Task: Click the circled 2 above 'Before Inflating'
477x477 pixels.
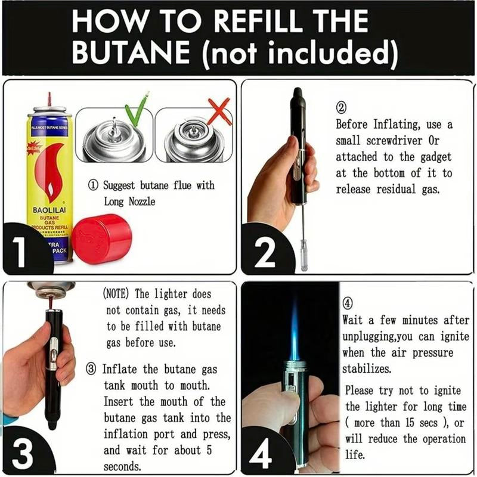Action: tap(342, 108)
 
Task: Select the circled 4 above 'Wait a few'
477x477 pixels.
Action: tap(349, 302)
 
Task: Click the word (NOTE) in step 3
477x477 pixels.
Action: tap(117, 294)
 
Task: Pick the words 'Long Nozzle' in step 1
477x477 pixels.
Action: tap(129, 202)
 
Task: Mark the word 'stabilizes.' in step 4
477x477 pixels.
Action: tap(367, 369)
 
